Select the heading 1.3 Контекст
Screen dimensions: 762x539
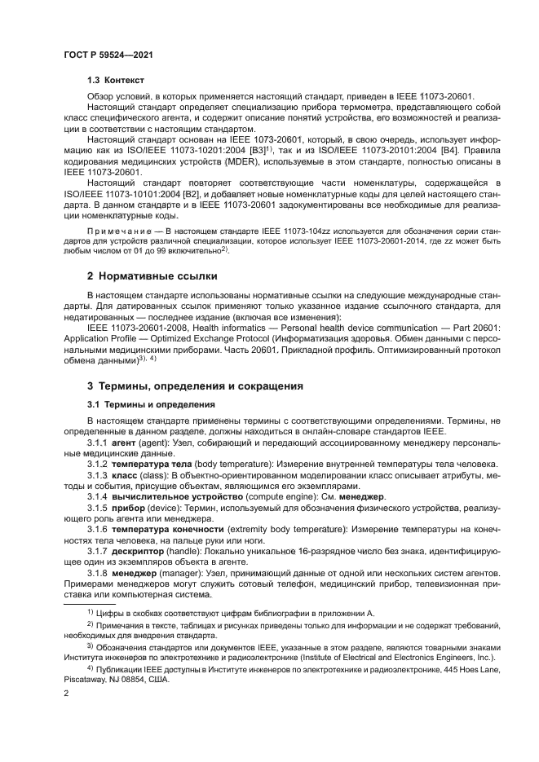click(x=115, y=81)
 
